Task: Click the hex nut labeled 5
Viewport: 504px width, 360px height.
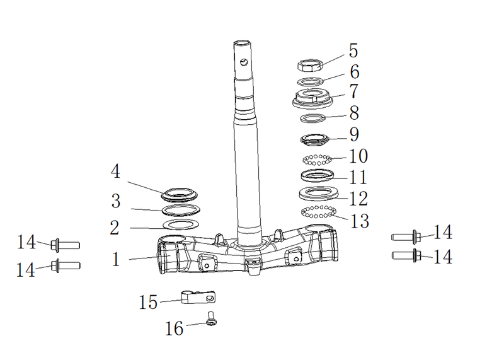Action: (310, 66)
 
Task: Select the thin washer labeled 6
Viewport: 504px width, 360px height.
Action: (310, 82)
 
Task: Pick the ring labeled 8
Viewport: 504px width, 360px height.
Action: (312, 118)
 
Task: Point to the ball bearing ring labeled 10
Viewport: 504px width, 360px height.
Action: (317, 160)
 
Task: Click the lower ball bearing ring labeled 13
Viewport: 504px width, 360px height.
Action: (318, 212)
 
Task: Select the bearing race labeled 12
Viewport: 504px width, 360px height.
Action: (318, 194)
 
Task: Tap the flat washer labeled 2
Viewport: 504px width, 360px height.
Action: (181, 224)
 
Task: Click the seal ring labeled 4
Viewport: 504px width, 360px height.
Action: (180, 195)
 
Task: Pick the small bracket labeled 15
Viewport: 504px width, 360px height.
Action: (198, 297)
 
